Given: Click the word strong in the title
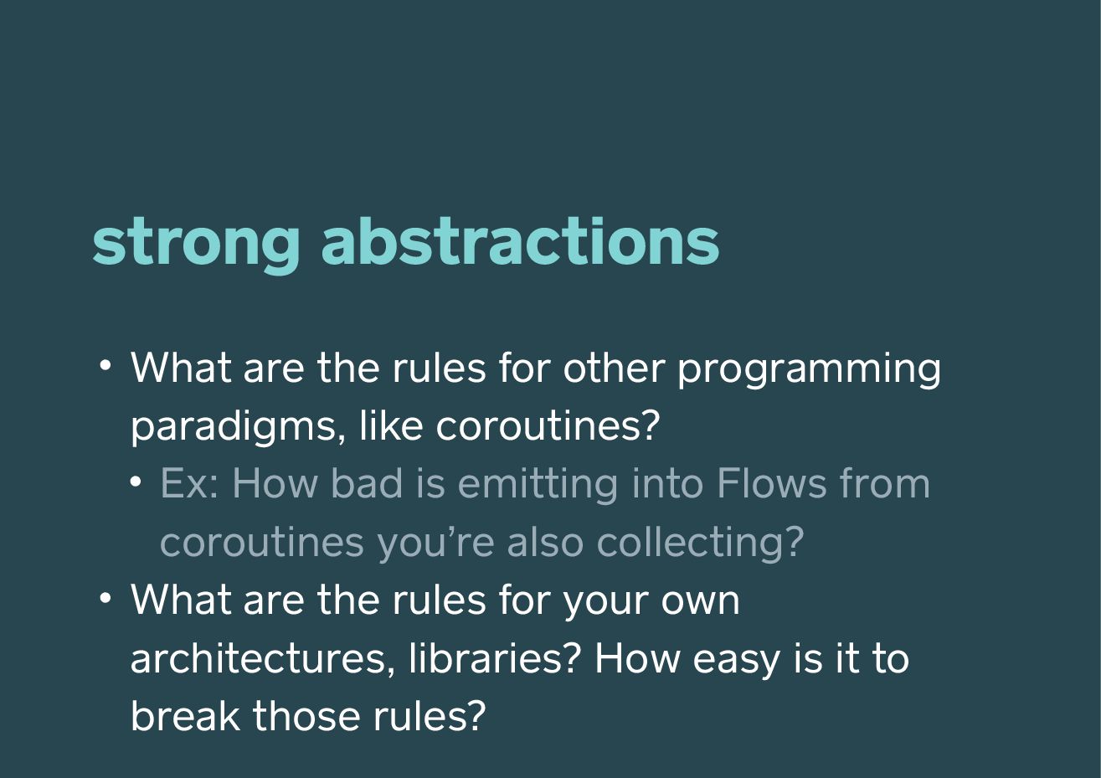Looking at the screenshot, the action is click(x=196, y=245).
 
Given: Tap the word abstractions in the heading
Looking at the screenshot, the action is click(x=520, y=241).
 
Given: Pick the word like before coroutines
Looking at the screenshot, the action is click(x=391, y=425).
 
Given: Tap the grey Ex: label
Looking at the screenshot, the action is click(x=189, y=483).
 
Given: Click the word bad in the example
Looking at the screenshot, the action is click(x=368, y=482).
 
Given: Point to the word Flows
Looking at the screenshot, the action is click(x=772, y=483).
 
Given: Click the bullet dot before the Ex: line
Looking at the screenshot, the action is click(x=136, y=482).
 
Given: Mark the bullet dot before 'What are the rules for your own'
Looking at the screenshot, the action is click(x=105, y=598).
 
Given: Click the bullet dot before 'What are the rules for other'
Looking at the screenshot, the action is click(x=105, y=365).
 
